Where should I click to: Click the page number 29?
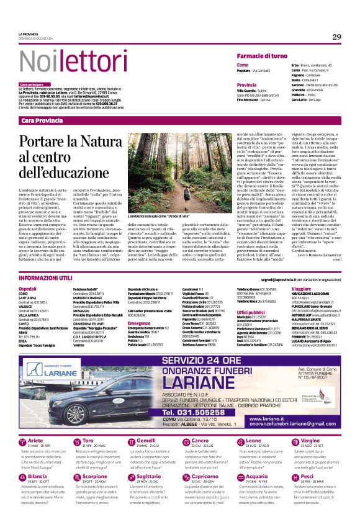336,37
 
